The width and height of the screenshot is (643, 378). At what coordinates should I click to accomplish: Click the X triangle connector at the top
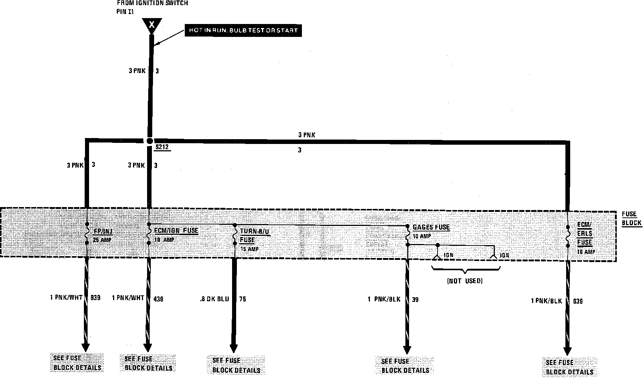pyautogui.click(x=152, y=25)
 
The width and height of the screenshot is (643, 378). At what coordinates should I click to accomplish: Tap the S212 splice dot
pyautogui.click(x=149, y=141)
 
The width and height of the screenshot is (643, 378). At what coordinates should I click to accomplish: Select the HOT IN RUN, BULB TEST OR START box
pyautogui.click(x=243, y=30)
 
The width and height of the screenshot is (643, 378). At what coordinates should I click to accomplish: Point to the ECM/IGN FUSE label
pyautogui.click(x=176, y=231)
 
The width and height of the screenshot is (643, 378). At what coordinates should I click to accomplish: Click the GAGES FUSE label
pyautogui.click(x=431, y=227)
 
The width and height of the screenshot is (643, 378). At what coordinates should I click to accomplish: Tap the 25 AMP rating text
pyautogui.click(x=102, y=240)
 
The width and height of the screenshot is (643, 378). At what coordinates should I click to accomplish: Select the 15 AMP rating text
pyautogui.click(x=249, y=249)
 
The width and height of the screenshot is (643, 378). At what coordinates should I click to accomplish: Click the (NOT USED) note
pyautogui.click(x=465, y=281)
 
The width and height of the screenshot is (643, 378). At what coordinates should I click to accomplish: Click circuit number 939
pyautogui.click(x=95, y=298)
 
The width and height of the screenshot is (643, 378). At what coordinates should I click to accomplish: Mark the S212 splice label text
pyautogui.click(x=161, y=147)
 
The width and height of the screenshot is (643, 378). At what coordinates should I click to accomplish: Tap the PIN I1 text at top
pyautogui.click(x=125, y=11)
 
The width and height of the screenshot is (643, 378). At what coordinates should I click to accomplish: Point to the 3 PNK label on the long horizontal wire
pyautogui.click(x=307, y=135)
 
